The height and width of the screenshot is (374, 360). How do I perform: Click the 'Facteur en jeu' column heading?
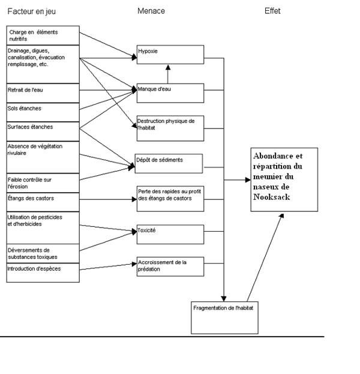point(31,11)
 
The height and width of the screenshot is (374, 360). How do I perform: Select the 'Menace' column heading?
point(151,11)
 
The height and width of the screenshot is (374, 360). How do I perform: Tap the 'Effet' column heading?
point(272,11)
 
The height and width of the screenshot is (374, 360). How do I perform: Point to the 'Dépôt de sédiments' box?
point(169,163)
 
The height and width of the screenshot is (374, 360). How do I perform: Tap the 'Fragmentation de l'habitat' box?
point(224,316)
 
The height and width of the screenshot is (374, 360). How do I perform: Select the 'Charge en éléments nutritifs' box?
point(43,35)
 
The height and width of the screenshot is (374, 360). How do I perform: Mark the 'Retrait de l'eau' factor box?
point(43,93)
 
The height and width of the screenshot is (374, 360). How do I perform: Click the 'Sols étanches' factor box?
point(43,112)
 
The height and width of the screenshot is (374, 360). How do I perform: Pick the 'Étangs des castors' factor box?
point(43,201)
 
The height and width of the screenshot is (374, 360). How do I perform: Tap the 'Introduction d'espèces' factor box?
point(43,272)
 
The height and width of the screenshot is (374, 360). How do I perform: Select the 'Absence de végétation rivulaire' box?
point(43,157)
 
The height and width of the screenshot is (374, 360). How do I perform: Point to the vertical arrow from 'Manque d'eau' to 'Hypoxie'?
point(168,73)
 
